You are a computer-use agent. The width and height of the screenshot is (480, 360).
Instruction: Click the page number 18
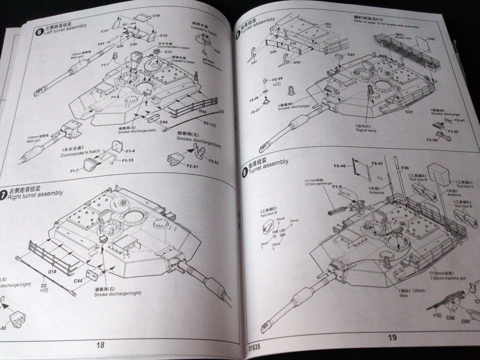point(100,345)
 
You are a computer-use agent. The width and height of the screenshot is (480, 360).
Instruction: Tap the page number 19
point(392,338)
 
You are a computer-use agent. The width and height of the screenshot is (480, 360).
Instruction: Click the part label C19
point(156,16)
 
